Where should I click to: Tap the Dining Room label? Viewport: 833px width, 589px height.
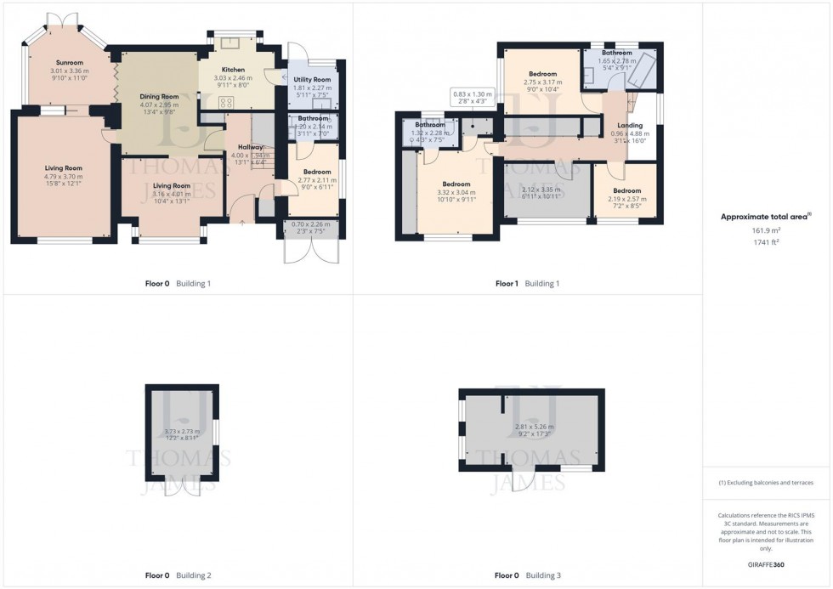pyautogui.click(x=159, y=97)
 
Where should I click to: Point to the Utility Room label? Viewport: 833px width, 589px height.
pyautogui.click(x=311, y=79)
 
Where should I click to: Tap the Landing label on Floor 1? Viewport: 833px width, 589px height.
pyautogui.click(x=630, y=126)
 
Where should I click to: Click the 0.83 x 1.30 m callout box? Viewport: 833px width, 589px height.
pyautogui.click(x=473, y=98)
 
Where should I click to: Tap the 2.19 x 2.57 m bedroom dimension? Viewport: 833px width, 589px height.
pyautogui.click(x=626, y=198)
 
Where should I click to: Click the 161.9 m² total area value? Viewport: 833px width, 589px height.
pyautogui.click(x=762, y=229)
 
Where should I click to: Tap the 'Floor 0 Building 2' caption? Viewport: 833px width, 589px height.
pyautogui.click(x=178, y=575)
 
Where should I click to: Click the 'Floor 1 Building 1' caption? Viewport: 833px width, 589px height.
pyautogui.click(x=527, y=283)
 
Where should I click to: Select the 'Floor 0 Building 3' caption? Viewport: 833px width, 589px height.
pyautogui.click(x=527, y=575)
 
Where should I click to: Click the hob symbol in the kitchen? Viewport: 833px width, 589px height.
pyautogui.click(x=227, y=102)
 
